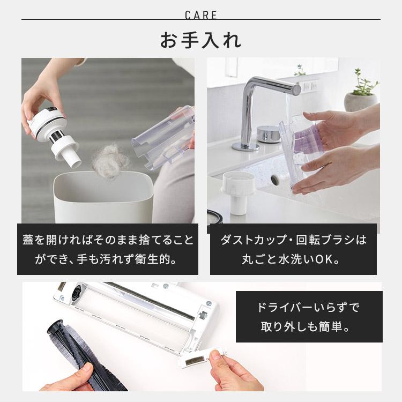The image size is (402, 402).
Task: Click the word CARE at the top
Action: [201, 14]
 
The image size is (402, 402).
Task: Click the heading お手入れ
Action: [201, 40]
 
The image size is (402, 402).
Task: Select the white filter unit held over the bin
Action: [54, 131]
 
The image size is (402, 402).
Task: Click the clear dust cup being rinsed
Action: [300, 153]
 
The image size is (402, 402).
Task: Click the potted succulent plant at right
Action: [361, 94]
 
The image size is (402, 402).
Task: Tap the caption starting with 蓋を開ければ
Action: [108, 240]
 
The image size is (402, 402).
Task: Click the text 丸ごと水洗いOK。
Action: [293, 260]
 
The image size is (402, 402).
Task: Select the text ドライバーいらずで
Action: [309, 308]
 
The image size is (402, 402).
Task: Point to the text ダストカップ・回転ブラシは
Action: [293, 240]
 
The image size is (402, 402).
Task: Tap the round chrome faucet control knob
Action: [269, 133]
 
